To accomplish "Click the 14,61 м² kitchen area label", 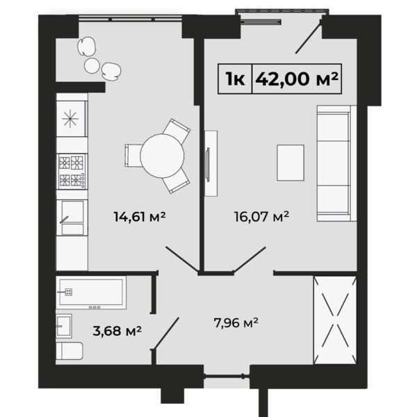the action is pos(140,216).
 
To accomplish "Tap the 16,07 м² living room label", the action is pos(261,216).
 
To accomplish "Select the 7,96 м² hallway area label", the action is pos(236,323).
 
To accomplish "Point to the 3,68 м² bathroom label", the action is pos(117,331).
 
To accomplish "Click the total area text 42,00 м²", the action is pos(297,79).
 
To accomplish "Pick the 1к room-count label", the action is pos(235,79).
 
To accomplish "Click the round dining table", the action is pos(162,156).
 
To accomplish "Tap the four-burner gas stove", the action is pos(72,171).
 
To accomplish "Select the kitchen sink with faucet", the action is pos(72,218).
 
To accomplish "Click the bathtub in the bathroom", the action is pos(91,293).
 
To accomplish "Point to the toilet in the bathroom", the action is pos(69,351).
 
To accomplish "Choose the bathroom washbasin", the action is pos(64,326).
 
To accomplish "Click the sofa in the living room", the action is pos(336,163).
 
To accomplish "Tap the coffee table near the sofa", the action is pos(291,163).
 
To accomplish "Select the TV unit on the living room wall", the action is pos(211,163).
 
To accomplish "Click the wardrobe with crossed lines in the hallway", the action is pos(335,320).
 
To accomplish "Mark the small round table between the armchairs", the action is pos(92,65).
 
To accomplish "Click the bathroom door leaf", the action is pos(165,334).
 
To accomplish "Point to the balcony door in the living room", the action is pos(309,35).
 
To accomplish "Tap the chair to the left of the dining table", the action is pos(133,156).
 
